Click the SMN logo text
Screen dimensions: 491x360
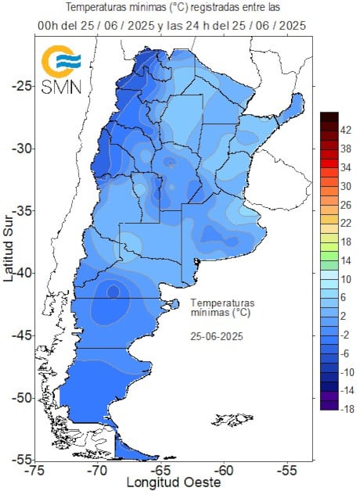(x=61, y=86)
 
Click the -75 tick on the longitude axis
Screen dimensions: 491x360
(x=34, y=471)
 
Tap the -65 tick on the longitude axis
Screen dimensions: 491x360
(x=161, y=471)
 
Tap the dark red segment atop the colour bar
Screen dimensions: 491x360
(x=329, y=117)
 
